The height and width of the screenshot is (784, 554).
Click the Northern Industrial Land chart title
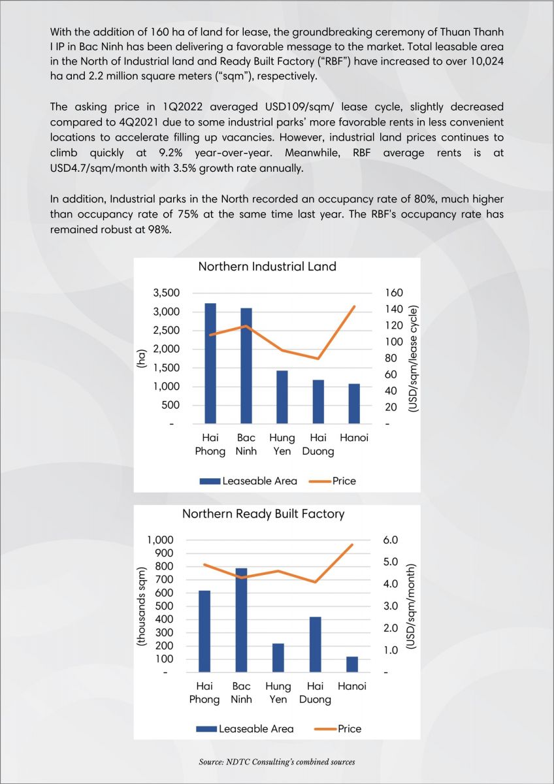267,267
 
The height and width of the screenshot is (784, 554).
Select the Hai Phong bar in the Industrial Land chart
210,363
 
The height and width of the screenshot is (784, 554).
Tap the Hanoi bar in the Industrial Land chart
354,404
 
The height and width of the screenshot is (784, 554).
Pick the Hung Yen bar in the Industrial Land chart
282,397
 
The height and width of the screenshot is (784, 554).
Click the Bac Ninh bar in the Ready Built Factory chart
241,620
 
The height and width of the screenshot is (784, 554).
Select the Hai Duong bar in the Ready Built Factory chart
316,644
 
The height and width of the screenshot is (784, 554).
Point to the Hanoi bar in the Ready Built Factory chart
352,664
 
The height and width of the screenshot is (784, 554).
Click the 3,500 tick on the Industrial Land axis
166,293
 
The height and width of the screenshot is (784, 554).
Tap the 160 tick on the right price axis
394,293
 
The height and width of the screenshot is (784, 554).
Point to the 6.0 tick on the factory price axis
391,540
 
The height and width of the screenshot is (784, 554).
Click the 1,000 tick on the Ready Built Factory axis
160,540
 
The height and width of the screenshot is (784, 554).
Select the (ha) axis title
140,358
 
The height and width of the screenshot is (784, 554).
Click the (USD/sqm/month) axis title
411,606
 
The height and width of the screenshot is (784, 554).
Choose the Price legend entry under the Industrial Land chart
333,481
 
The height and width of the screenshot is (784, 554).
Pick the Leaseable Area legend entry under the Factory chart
244,728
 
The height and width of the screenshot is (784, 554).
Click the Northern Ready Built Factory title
263,514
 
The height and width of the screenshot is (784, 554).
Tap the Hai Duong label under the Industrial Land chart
318,444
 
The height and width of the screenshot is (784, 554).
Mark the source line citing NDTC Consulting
277,762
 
